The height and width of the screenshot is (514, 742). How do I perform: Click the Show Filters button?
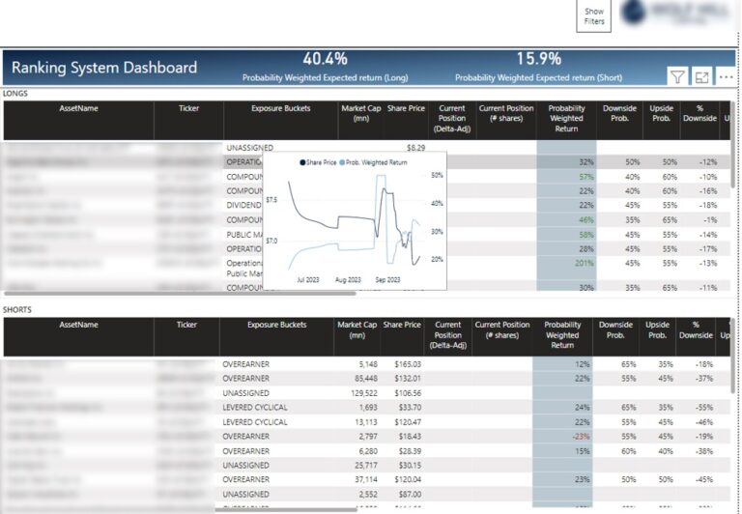tap(594, 16)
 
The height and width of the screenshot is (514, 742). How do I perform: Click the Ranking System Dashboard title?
tap(104, 68)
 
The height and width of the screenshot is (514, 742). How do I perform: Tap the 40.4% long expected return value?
tap(325, 58)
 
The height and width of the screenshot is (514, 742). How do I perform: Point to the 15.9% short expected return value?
tap(538, 58)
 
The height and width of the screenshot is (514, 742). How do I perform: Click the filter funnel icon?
tap(677, 76)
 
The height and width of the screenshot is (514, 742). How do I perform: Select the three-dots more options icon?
tap(726, 76)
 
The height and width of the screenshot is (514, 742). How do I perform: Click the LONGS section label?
tap(15, 93)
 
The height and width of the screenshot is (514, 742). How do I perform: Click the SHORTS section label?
tap(17, 309)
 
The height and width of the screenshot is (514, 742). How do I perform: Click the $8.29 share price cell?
tap(415, 148)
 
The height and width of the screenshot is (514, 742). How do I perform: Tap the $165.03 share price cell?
tap(403, 364)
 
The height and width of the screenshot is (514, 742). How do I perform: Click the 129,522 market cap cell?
tap(359, 393)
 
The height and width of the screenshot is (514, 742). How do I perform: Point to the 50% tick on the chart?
tap(437, 175)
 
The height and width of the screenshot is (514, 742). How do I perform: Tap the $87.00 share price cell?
tap(406, 494)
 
